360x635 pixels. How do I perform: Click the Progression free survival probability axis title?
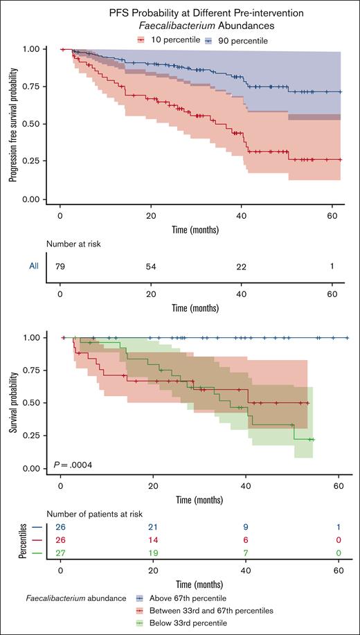[12, 125]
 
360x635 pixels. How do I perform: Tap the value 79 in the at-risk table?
[61, 266]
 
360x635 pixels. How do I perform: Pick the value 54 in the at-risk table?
[153, 266]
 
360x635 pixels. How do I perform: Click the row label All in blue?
[33, 266]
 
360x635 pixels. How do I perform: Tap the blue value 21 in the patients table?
[153, 527]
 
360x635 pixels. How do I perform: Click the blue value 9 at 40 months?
[245, 527]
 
